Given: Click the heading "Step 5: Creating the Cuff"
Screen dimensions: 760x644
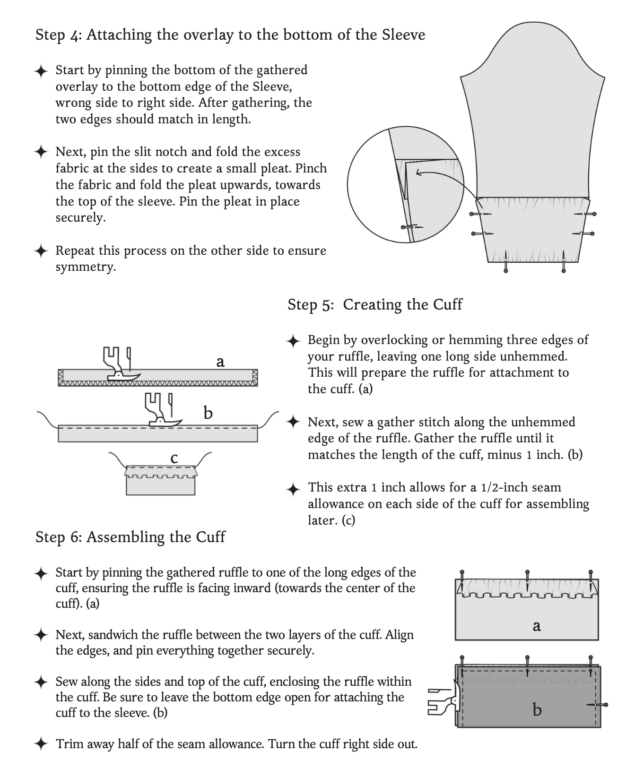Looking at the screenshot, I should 374,304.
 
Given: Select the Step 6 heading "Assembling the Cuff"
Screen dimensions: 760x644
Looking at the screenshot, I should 156,537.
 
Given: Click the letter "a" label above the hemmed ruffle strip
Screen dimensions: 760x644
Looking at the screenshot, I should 220,362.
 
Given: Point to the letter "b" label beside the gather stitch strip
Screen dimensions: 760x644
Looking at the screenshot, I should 208,414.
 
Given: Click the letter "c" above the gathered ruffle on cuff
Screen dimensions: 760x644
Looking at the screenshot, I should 174,458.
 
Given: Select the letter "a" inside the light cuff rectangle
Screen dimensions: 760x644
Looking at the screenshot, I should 536,626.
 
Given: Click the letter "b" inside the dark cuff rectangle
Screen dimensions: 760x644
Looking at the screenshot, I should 537,710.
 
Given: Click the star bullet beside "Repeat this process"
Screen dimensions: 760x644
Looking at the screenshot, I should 41,250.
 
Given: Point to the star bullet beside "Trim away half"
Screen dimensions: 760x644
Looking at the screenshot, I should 41,744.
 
